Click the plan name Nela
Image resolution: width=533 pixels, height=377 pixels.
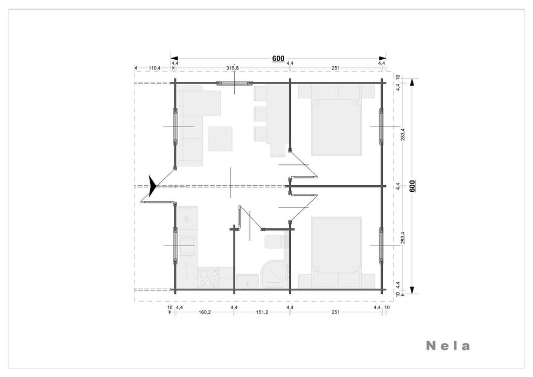pos(448,346)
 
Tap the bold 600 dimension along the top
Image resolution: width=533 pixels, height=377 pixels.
pos(278,59)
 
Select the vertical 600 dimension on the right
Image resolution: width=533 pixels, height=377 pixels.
pos(412,186)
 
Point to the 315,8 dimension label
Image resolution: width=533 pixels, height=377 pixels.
pos(233,68)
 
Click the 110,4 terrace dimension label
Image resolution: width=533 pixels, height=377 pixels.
pos(154,68)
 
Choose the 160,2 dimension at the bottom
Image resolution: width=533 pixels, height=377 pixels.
pos(204,312)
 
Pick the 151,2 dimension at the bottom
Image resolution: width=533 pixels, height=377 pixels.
pos(262,312)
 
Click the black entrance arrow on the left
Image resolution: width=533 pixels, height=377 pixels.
pos(152,186)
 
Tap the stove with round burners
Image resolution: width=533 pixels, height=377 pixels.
pos(208,278)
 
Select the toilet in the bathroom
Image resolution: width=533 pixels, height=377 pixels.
pos(274,242)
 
